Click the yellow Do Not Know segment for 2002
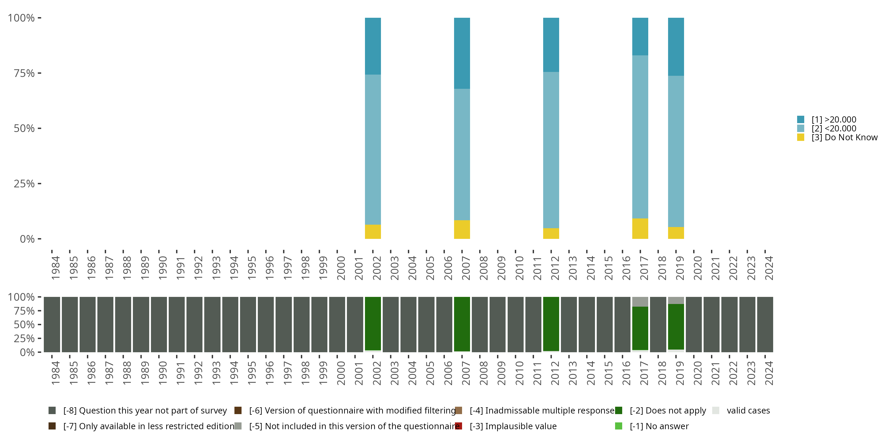(373, 232)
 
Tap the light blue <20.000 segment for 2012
(551, 150)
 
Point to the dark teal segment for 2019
(676, 46)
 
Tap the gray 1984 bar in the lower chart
(52, 324)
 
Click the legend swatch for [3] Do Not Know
(800, 138)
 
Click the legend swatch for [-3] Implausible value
(459, 426)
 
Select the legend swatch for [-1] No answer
(618, 426)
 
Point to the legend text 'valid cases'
(748, 411)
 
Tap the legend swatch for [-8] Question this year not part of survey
(52, 411)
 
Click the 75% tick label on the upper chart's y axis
(24, 73)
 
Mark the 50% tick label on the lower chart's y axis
(24, 325)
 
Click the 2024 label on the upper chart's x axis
(769, 268)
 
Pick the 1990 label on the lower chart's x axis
(163, 373)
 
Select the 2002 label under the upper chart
(377, 268)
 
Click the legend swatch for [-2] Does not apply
(618, 411)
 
